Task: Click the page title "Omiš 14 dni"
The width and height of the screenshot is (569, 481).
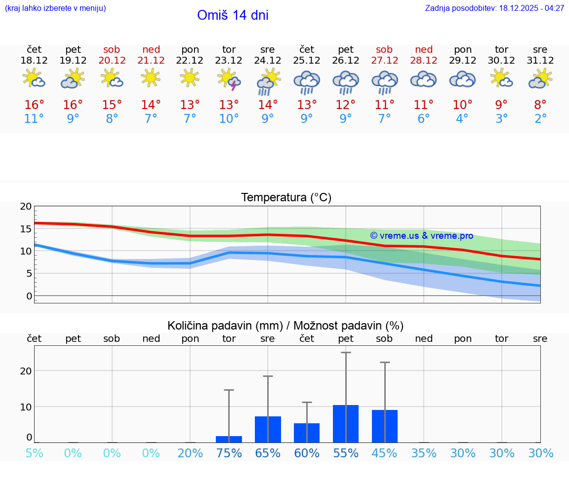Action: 233,15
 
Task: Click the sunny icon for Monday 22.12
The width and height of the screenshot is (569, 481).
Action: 190,78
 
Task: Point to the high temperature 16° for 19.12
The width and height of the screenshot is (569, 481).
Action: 73,105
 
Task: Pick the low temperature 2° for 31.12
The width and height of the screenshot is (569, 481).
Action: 540,119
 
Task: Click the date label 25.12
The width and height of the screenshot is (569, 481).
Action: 307,61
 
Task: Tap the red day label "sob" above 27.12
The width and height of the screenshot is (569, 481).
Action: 384,49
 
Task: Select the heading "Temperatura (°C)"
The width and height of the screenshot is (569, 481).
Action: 286,198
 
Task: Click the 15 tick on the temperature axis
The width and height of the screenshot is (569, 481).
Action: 26,229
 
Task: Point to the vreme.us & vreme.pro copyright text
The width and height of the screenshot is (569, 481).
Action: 422,236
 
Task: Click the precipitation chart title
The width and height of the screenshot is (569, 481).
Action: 285,326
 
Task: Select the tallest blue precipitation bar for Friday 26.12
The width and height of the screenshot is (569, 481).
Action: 346,423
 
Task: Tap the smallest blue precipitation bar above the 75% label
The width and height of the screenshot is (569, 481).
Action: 229,439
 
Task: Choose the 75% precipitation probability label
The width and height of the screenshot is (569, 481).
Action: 229,453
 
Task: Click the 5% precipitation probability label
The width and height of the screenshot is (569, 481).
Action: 34,453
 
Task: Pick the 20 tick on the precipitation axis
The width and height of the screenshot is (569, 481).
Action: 26,370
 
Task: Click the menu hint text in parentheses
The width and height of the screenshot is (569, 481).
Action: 55,8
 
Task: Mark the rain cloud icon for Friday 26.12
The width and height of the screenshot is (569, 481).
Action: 346,81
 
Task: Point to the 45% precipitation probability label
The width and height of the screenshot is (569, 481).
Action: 384,453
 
